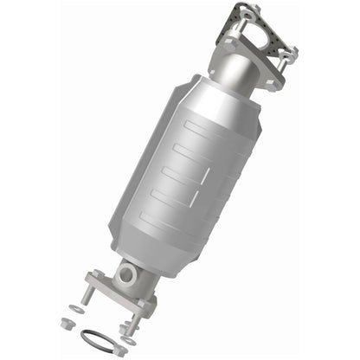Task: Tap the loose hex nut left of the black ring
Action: point(67,323)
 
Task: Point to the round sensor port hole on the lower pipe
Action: point(127,276)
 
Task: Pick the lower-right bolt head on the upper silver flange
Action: point(276,82)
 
